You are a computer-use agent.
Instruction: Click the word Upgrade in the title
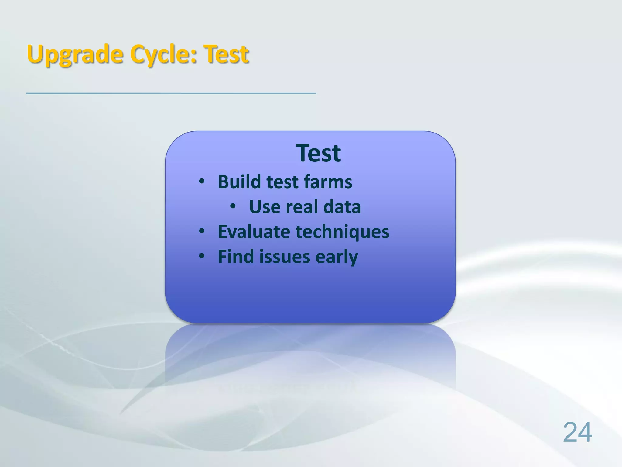[75, 55]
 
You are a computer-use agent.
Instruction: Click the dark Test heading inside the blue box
[318, 153]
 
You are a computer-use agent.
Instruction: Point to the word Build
[239, 182]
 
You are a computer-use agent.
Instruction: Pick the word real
[302, 207]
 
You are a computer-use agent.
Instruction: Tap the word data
[342, 207]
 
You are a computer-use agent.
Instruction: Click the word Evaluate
[254, 232]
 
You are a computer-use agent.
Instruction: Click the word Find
[236, 257]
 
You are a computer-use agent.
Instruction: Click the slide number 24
[577, 432]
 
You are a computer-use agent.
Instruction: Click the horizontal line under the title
[171, 93]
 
